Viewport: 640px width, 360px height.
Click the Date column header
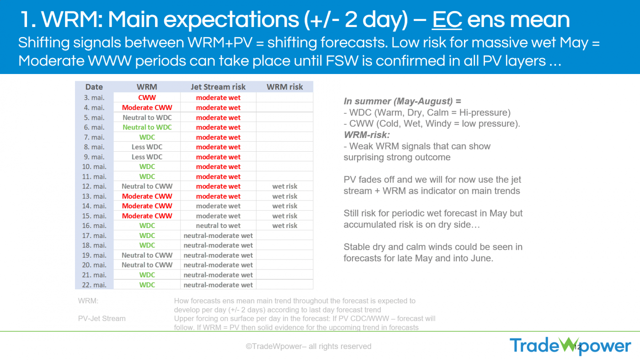click(x=94, y=87)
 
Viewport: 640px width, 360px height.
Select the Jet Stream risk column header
click(x=218, y=87)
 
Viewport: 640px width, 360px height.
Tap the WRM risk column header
click(x=284, y=87)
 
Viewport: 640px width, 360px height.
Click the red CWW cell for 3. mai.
click(x=147, y=98)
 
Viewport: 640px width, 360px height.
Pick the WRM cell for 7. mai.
click(x=147, y=138)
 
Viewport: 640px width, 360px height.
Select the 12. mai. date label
click(x=94, y=186)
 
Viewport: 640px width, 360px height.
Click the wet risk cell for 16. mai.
click(x=284, y=226)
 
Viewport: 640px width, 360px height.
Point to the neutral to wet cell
click(x=218, y=226)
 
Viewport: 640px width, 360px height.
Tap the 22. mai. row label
click(x=94, y=285)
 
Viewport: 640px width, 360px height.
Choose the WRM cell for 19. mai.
click(x=147, y=255)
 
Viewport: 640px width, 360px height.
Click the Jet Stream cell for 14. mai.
click(x=218, y=206)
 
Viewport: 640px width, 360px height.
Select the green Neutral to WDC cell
click(x=147, y=127)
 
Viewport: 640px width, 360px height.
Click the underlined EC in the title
click(x=447, y=20)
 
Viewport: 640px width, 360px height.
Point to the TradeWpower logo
click(x=571, y=346)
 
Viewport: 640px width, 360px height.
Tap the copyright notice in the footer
click(x=309, y=346)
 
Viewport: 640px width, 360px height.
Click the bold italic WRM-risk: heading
click(x=367, y=135)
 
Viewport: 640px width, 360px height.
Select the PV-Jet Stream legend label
click(x=101, y=318)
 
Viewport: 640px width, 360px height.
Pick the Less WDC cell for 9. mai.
click(x=147, y=157)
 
